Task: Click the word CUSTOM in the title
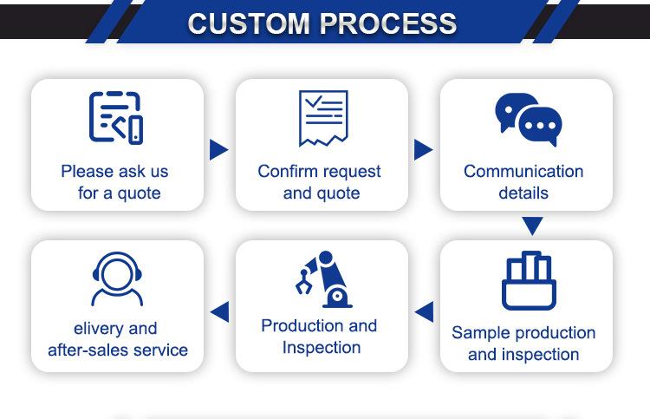247,23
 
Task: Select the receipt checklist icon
322,117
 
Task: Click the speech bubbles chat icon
528,119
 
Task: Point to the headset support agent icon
117,278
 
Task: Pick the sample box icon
528,280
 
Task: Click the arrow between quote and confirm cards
218,150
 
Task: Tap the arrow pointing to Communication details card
423,149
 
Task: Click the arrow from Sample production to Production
425,311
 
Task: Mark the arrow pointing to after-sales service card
220,311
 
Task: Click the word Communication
523,171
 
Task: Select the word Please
87,171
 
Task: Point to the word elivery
101,329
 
